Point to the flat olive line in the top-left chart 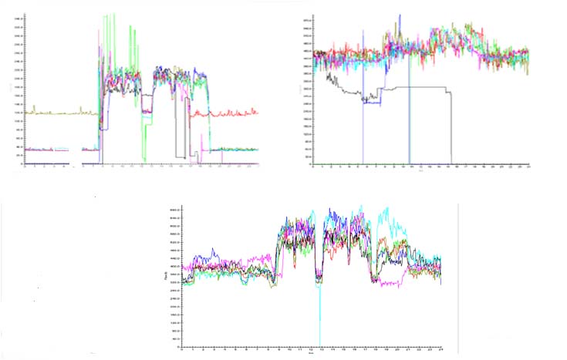pos(62,113)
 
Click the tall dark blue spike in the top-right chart pos(400,17)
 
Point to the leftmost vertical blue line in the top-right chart pos(363,93)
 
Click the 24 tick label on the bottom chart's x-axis pos(440,349)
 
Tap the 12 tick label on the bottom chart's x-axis pos(311,349)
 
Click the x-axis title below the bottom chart pos(310,355)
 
